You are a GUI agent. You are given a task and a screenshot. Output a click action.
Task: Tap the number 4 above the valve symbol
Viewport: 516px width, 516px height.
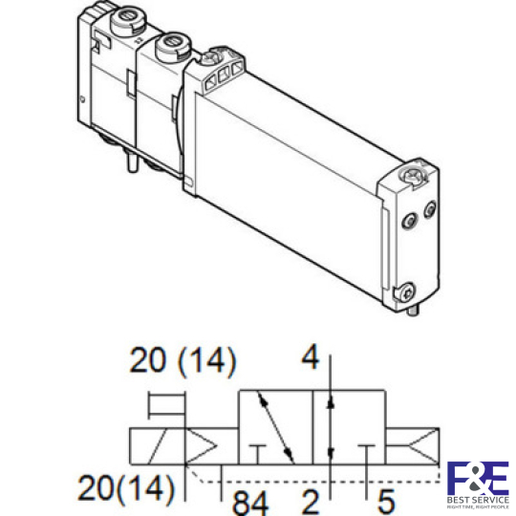[x=309, y=358]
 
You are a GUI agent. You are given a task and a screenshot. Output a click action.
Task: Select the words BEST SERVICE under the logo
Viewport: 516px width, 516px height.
[x=478, y=499]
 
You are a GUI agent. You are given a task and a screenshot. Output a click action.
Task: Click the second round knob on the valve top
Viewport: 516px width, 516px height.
[x=173, y=43]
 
